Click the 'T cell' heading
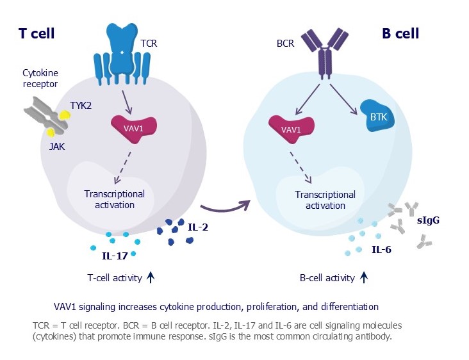[36, 33]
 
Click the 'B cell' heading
[400, 33]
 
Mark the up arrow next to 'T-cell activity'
[151, 277]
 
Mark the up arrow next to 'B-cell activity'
[363, 277]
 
